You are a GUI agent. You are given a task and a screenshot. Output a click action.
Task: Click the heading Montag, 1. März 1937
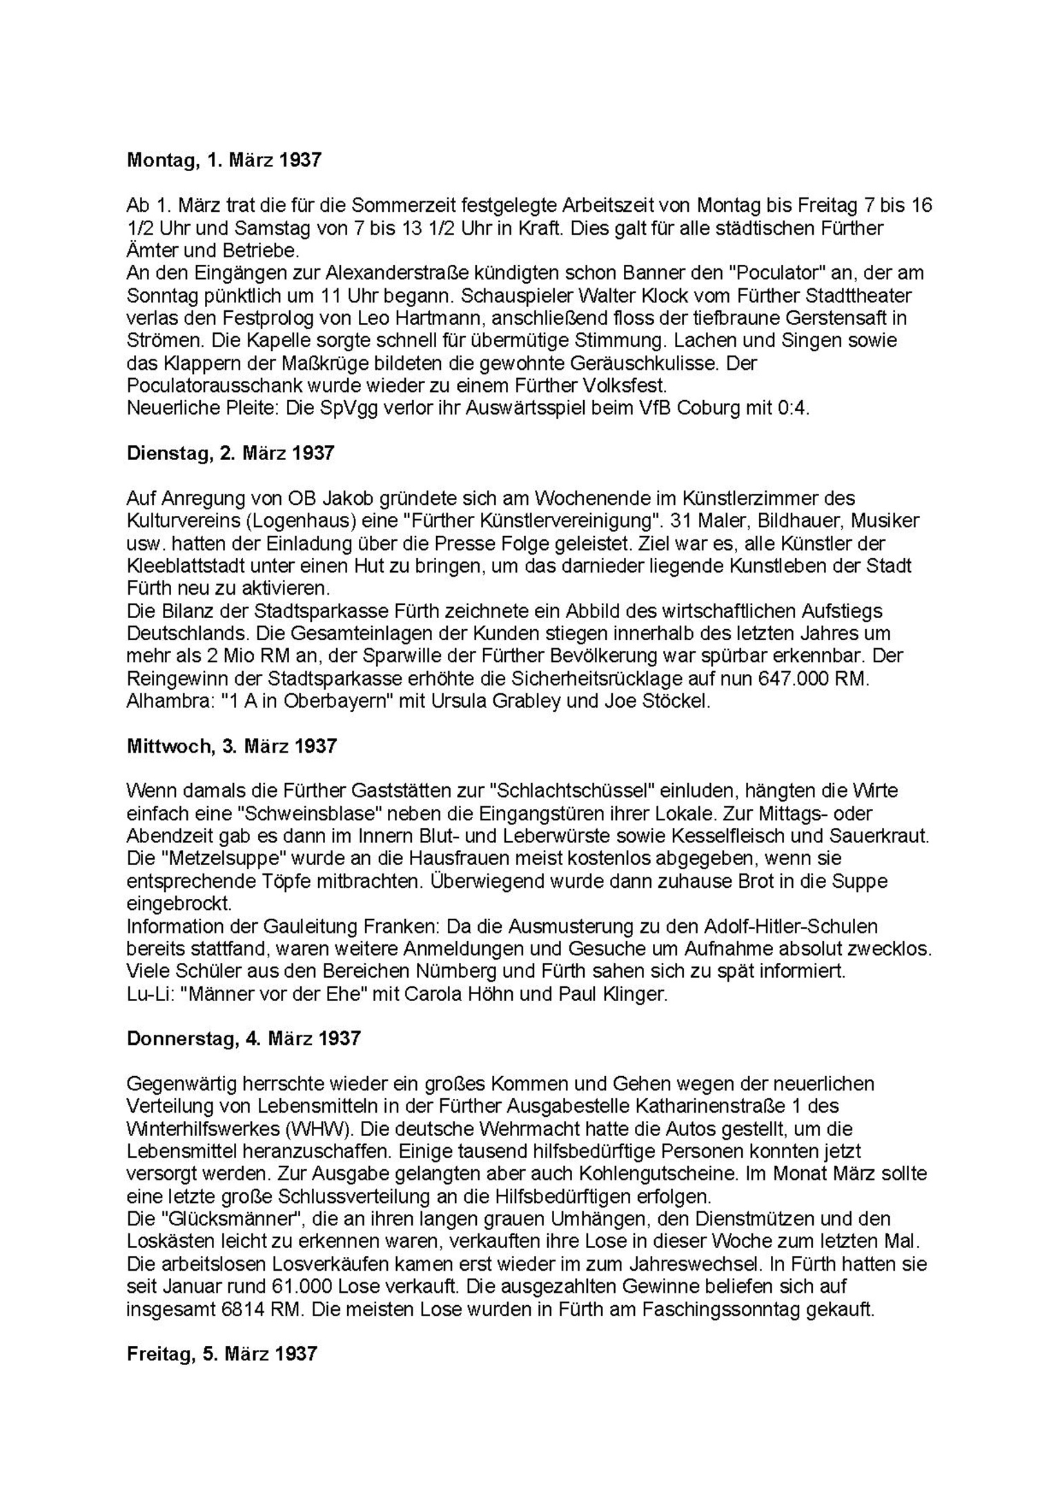pyautogui.click(x=224, y=161)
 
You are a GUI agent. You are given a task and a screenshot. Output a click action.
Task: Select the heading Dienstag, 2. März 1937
pyautogui.click(x=230, y=453)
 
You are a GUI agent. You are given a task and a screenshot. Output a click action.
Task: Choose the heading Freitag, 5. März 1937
pyautogui.click(x=222, y=1353)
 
